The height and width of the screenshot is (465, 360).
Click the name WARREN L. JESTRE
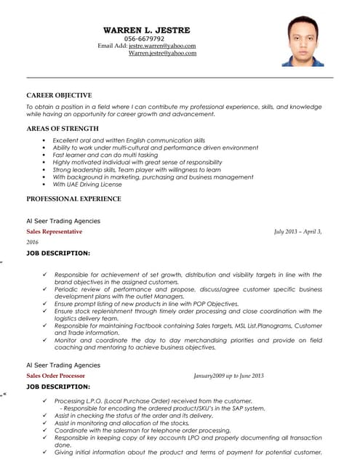click(146, 31)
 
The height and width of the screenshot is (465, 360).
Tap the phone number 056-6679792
click(144, 39)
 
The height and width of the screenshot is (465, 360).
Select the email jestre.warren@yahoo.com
click(162, 46)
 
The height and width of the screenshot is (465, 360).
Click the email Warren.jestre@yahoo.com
click(162, 53)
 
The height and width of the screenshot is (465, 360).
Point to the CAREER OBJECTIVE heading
click(59, 95)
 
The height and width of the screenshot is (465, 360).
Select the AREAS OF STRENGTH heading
click(62, 129)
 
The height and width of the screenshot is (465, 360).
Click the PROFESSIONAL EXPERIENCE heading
click(73, 198)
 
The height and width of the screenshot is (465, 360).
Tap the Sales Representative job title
click(55, 231)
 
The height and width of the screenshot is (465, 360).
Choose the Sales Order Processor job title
click(55, 376)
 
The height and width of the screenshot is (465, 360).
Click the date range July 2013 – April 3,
click(297, 231)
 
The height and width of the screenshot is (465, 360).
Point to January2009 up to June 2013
click(228, 376)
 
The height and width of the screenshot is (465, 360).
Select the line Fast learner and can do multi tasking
click(105, 155)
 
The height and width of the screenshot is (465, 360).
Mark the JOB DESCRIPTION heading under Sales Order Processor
click(58, 387)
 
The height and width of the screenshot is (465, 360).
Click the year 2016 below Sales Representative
click(32, 242)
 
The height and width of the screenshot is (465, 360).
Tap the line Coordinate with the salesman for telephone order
click(142, 430)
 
